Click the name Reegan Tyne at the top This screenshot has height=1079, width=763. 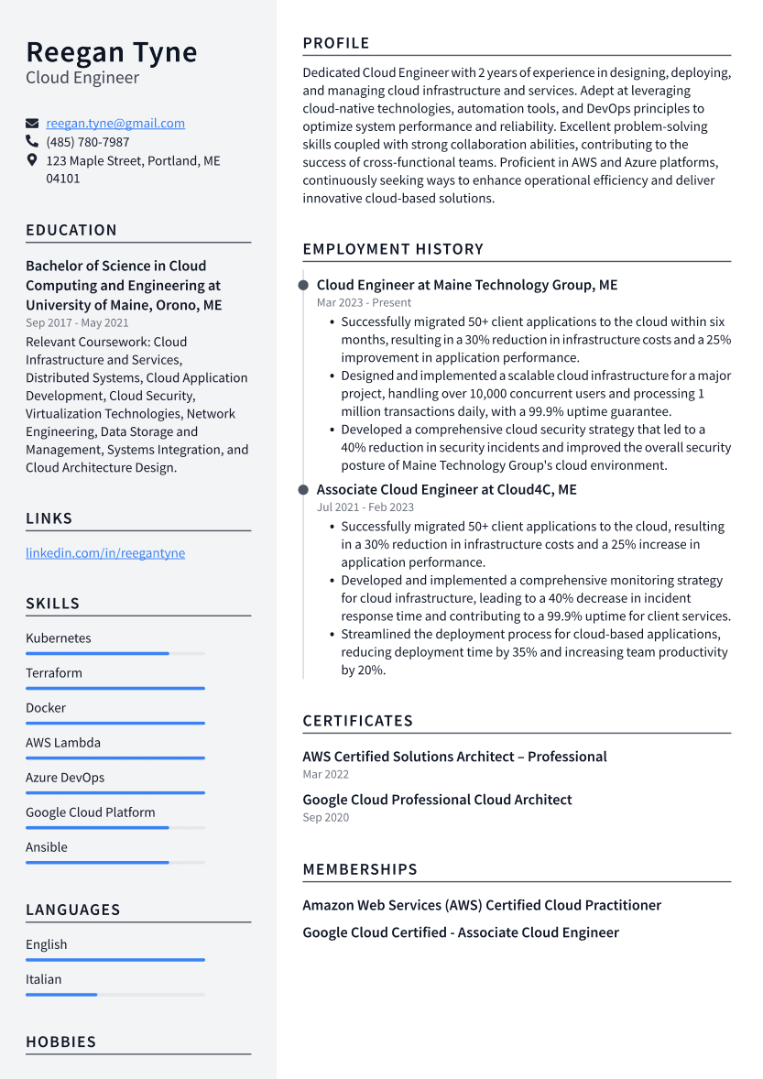[111, 52]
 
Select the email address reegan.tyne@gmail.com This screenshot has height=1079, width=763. [115, 124]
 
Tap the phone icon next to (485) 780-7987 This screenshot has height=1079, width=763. [32, 142]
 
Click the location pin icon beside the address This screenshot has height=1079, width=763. [32, 160]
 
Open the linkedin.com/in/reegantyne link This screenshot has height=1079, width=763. [105, 553]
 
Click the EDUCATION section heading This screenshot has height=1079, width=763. [71, 231]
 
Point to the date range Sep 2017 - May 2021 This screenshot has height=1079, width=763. [77, 322]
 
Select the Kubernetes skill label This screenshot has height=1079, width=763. [59, 638]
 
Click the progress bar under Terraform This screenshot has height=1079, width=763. [115, 688]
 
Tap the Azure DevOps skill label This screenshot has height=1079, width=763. [65, 778]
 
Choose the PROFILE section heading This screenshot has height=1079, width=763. [336, 43]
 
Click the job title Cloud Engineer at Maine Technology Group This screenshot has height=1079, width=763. [467, 285]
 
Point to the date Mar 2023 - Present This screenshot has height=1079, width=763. [364, 302]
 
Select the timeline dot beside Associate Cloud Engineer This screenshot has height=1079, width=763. [303, 490]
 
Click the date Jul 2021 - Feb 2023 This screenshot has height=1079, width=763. [365, 507]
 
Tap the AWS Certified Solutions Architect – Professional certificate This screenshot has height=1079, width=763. [454, 757]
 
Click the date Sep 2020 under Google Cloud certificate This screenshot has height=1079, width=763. [325, 817]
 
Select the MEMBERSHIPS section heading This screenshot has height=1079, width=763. [360, 869]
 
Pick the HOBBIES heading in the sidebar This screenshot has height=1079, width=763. [60, 1042]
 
